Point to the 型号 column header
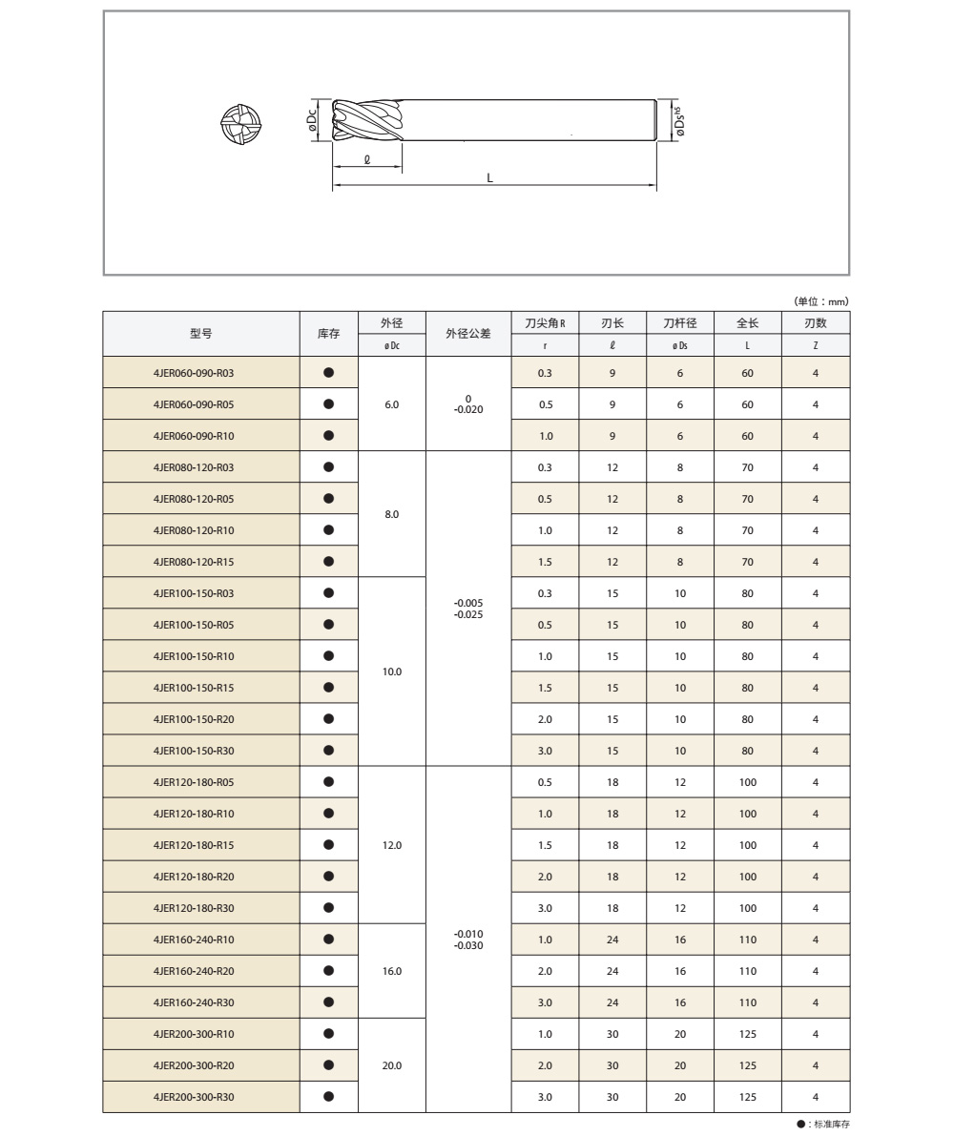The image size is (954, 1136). pos(201,334)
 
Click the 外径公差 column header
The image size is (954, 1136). pos(468,334)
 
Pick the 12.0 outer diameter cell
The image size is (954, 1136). pos(392,845)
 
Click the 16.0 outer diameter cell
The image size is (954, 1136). pos(392,971)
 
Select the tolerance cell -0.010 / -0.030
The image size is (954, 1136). pos(468,939)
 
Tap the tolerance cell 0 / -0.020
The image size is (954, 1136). pos(468,404)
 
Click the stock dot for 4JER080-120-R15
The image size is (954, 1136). pos(329,561)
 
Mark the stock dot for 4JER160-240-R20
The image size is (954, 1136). pos(329,970)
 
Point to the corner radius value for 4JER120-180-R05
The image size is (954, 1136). pos(545,782)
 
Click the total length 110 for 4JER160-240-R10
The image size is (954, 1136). pos(747,940)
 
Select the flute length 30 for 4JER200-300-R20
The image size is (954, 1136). pos(612,1065)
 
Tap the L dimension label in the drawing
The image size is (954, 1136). pos(490,177)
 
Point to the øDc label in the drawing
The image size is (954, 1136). pos(312,121)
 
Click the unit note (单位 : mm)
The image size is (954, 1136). pos(820,301)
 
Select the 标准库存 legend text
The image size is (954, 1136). pos(825,1125)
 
